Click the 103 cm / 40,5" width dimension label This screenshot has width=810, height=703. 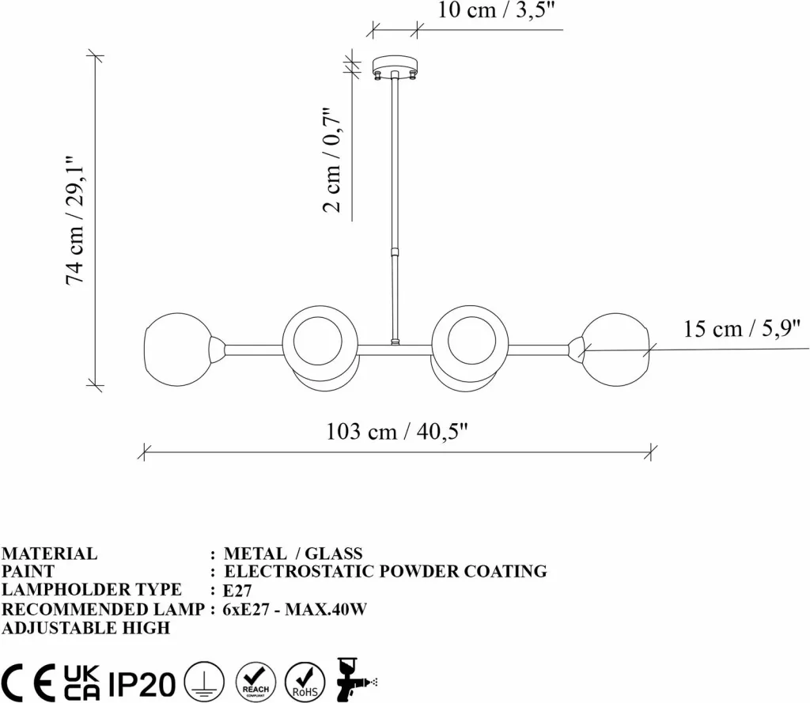(397, 431)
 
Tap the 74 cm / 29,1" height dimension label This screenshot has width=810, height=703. (76, 220)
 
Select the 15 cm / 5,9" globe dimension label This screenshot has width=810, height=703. (742, 328)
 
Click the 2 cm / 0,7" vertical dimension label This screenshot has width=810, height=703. (333, 161)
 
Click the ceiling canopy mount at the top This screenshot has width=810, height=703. (395, 67)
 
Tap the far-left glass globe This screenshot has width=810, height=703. (178, 350)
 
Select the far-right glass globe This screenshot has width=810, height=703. (615, 350)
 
